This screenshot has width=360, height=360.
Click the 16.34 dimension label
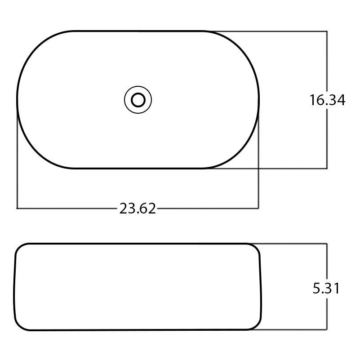coord(327,100)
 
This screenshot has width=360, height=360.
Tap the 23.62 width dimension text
coord(138,208)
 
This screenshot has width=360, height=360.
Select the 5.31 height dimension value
coord(326,288)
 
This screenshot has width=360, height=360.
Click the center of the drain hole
coord(138,99)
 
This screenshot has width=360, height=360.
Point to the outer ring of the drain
coord(126,99)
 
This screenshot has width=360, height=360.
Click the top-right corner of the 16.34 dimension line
coord(326,31)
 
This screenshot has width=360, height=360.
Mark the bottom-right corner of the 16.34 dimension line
coord(326,168)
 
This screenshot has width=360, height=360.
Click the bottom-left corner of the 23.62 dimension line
coord(17,208)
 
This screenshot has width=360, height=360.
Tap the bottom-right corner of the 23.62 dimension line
coord(258,208)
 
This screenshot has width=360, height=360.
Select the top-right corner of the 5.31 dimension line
coord(326,244)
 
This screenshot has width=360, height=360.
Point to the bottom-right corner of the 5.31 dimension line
coord(326,330)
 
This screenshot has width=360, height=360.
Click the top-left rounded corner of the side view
coord(20,248)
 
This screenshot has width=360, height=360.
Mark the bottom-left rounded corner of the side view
coord(19,325)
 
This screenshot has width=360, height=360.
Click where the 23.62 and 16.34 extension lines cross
coord(258,168)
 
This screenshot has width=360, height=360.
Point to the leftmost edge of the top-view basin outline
coord(18,99)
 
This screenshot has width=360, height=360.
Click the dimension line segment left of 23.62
coord(67,208)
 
